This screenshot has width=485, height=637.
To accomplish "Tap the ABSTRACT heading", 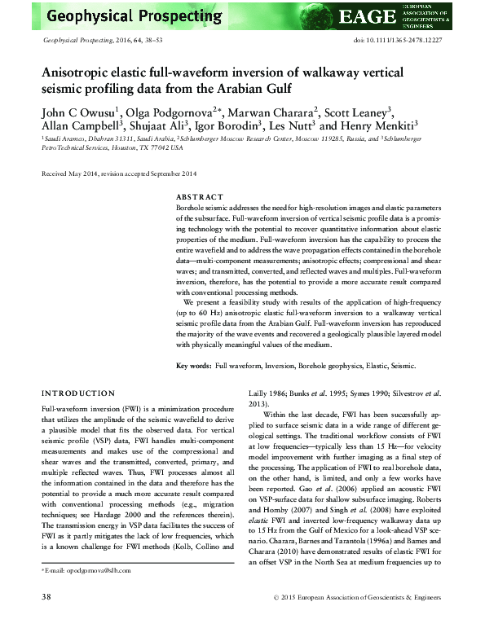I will coord(200,197).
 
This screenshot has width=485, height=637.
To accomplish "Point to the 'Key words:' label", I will coord(194,367).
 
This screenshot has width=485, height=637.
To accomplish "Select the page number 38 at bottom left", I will coord(48,621).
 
